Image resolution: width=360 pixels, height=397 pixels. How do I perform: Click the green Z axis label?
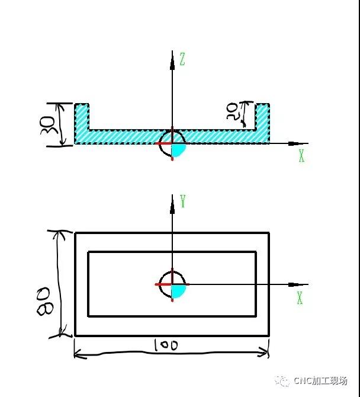182,59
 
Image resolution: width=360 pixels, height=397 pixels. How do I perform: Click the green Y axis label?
183,201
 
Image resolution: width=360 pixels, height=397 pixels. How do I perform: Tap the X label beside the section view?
301,156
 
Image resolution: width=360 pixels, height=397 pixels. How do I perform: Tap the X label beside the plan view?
300,297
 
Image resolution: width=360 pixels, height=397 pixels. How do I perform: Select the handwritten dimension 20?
234,111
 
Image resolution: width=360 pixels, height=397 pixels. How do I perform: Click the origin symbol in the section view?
172,143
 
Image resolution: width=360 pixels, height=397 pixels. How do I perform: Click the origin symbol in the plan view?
172,284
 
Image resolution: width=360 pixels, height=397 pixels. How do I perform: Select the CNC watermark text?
319,381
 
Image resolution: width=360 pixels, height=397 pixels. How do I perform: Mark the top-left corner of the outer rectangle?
75,233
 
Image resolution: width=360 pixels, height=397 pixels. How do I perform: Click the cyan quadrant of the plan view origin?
178,290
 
